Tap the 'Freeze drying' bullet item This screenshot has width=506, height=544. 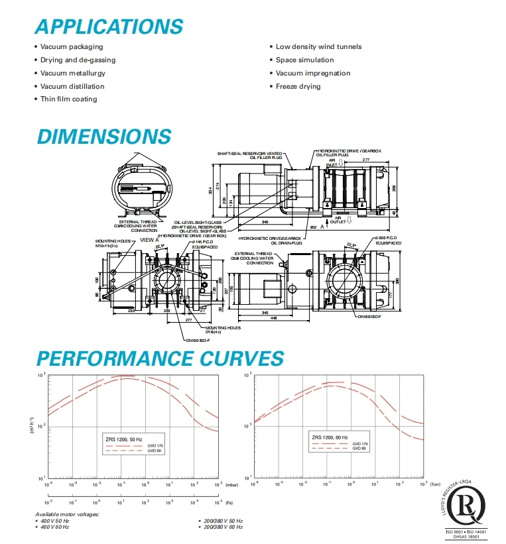coord(298,86)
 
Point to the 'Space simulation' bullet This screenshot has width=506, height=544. coord(304,60)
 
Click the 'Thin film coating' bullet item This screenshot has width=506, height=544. coord(68,99)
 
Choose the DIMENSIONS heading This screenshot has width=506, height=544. coord(103,136)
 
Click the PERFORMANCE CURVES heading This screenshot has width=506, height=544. coord(160,358)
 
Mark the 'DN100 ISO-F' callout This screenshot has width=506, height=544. coord(198,340)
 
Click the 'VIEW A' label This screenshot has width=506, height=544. coord(150,239)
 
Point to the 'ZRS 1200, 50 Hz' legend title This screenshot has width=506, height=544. coord(121,440)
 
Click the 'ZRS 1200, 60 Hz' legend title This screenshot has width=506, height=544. coord(329,437)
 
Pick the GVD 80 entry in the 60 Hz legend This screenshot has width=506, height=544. coord(359,449)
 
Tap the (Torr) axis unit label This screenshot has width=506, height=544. coord(435,484)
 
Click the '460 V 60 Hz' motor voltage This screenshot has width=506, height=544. coord(54,527)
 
